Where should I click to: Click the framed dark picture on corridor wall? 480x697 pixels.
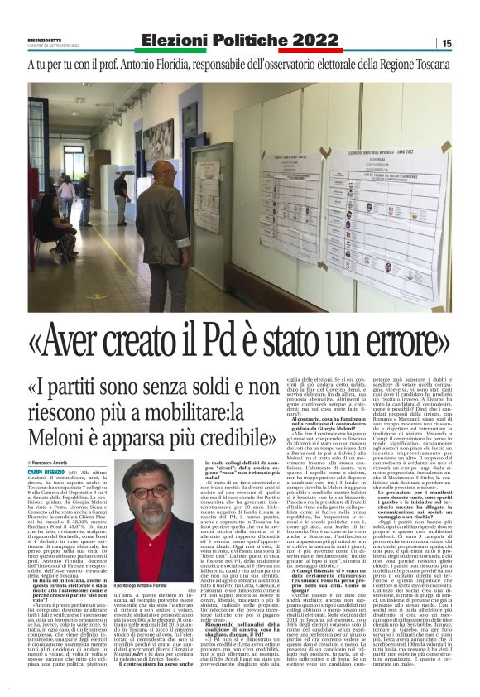[158, 138]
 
